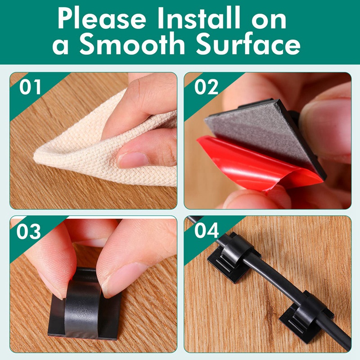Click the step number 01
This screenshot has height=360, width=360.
(x=30, y=87)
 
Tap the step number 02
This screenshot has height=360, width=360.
(x=206, y=87)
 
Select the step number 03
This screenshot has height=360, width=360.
(x=28, y=231)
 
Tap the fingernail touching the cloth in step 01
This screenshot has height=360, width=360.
(x=132, y=160)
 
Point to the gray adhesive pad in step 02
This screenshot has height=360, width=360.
(x=260, y=129)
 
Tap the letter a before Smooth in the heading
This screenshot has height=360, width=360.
(x=60, y=46)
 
